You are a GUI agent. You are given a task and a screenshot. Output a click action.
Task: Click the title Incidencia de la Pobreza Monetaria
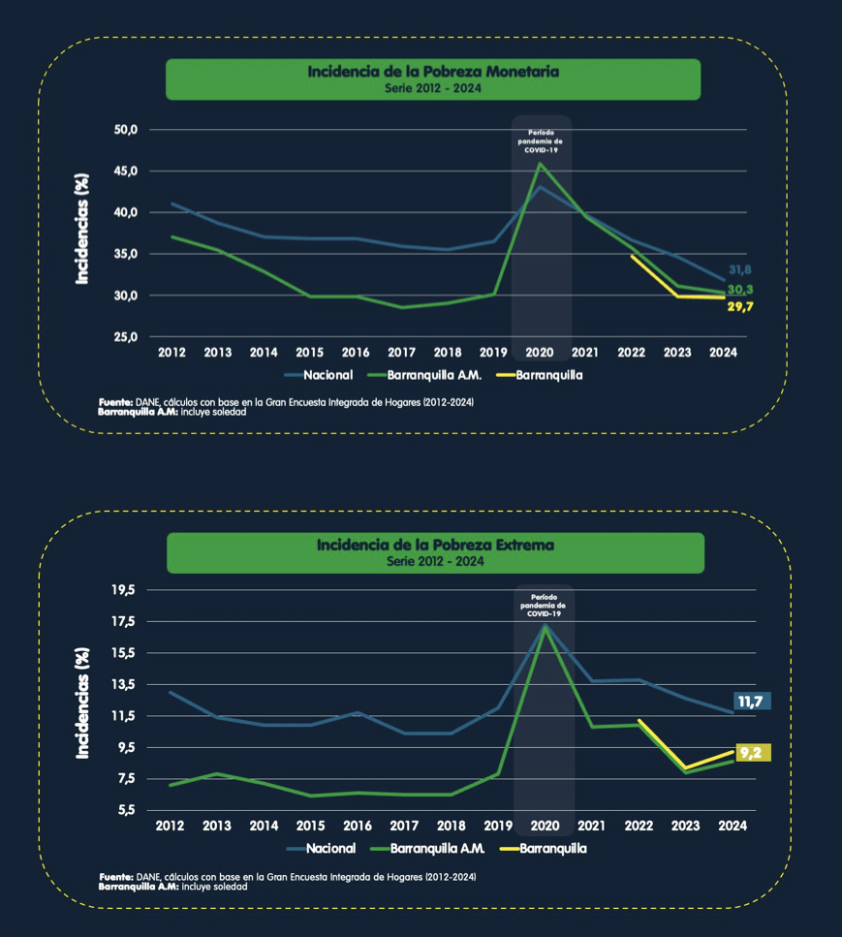(x=433, y=72)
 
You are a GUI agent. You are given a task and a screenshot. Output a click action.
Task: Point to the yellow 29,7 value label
(x=740, y=307)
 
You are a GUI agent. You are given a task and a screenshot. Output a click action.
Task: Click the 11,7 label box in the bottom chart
(x=752, y=702)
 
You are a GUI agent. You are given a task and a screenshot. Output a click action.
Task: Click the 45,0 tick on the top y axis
(x=128, y=171)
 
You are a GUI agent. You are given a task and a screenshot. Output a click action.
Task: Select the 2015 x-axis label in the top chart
(x=309, y=353)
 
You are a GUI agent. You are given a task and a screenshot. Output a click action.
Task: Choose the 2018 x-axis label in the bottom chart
(x=451, y=826)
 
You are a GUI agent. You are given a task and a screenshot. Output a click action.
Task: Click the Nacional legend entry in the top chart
(x=319, y=374)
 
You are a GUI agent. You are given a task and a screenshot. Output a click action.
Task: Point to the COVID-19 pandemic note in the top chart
(x=543, y=141)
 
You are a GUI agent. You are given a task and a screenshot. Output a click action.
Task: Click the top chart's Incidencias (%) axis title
(x=83, y=230)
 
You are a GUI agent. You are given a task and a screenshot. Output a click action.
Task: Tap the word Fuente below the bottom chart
(x=116, y=877)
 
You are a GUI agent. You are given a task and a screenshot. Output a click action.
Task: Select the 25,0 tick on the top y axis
(x=128, y=336)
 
